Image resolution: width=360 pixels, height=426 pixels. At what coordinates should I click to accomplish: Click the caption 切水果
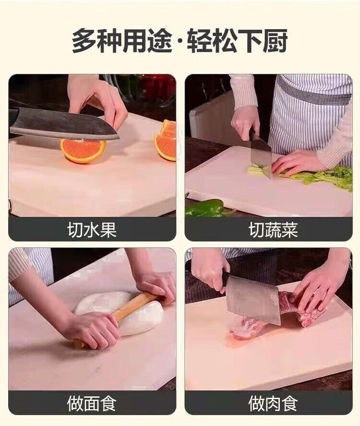92,230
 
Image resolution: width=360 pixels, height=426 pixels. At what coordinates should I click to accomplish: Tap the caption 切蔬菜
273,230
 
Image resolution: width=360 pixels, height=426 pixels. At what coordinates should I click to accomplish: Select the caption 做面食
92,403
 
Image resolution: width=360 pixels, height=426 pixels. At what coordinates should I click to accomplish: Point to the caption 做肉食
273,403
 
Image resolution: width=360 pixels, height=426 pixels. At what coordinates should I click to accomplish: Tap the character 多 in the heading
84,42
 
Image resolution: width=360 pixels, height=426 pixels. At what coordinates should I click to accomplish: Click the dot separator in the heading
180,42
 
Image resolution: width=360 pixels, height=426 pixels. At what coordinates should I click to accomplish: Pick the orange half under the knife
83,150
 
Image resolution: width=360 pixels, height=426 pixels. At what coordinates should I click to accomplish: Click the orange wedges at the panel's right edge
165,141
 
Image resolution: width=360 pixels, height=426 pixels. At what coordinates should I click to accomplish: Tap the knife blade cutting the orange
64,124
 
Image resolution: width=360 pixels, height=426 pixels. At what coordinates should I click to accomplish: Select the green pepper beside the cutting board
208,208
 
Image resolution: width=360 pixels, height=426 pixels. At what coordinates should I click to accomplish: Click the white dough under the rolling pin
120,312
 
